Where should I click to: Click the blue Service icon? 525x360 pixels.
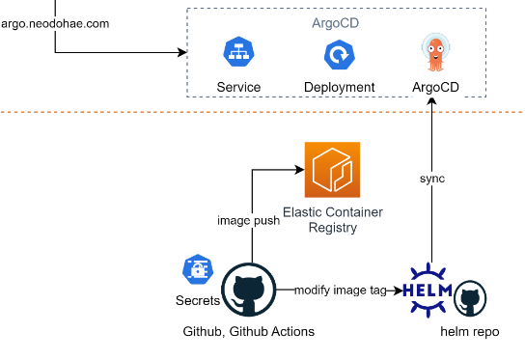(238, 54)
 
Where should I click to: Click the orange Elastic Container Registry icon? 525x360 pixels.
(332, 169)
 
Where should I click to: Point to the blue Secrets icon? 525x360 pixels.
(197, 270)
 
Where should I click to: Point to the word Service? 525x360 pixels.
(238, 87)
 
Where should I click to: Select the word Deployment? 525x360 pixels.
(339, 87)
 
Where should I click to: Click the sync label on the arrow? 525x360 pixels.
(432, 179)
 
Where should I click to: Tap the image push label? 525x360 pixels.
(248, 220)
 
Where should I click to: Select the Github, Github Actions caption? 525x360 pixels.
(248, 331)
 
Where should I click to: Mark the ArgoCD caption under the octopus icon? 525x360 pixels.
(434, 87)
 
